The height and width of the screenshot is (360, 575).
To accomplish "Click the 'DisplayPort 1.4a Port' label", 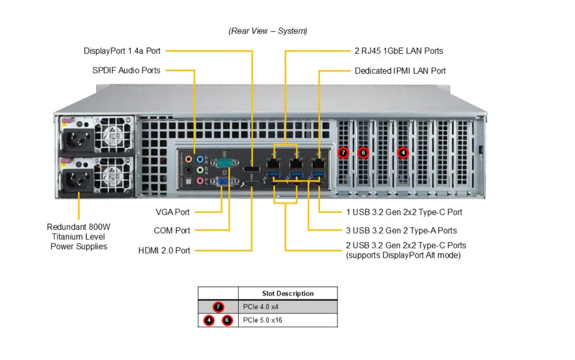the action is [x=122, y=51].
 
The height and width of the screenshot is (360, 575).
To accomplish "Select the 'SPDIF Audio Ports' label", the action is [x=126, y=70].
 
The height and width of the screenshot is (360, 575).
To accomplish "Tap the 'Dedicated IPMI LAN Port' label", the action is [x=400, y=71].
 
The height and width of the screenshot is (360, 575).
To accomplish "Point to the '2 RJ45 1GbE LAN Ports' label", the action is [x=399, y=51].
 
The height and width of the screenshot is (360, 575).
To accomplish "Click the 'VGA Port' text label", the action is [x=172, y=212].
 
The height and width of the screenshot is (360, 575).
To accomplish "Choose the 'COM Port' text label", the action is [x=172, y=231].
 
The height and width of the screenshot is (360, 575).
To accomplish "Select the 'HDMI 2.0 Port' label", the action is [x=164, y=250].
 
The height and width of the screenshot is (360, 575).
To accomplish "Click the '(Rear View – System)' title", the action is [x=268, y=31].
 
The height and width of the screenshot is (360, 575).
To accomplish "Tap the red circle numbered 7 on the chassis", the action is [x=343, y=153].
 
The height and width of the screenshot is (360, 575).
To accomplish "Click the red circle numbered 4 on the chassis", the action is [x=403, y=153].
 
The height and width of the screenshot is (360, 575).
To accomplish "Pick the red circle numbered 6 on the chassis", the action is [x=363, y=153].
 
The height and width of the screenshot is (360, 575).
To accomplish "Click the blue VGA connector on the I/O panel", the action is [x=224, y=182].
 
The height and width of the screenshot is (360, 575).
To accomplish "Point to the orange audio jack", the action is [x=189, y=159].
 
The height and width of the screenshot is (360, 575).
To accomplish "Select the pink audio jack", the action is [x=200, y=181].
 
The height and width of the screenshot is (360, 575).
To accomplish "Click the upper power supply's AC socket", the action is [x=79, y=139].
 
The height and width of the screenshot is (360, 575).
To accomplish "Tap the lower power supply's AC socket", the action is [x=79, y=180].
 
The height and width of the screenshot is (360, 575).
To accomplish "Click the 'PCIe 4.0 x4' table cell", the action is [x=288, y=307].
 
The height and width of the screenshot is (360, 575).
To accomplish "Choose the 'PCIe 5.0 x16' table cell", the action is [x=288, y=320].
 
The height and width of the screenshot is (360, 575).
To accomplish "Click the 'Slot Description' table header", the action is [x=288, y=293].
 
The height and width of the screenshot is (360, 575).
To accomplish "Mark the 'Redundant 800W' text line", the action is [x=79, y=227].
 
